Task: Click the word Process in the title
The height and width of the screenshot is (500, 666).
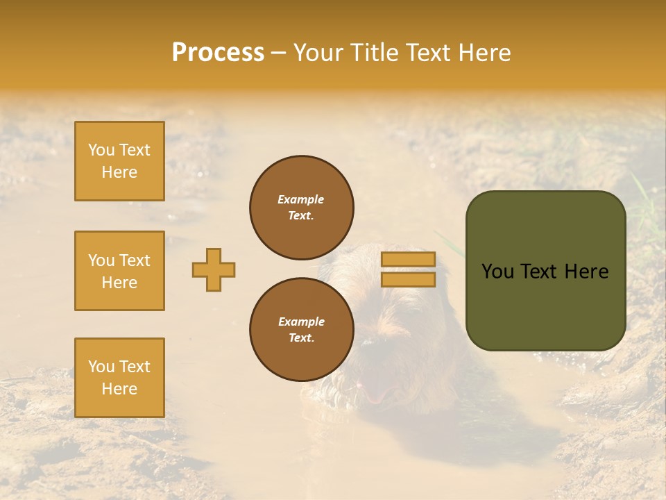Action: (x=218, y=53)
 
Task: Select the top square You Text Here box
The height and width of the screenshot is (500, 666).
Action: (x=119, y=161)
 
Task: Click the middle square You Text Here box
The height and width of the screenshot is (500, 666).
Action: (x=119, y=271)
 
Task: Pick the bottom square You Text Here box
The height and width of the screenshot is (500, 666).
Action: (x=119, y=378)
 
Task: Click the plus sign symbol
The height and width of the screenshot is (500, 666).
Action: (x=214, y=269)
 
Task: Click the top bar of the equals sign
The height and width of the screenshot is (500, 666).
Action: (x=408, y=259)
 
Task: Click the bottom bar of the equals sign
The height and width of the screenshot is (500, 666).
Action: (x=408, y=279)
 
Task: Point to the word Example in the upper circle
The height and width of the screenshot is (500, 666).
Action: (x=300, y=199)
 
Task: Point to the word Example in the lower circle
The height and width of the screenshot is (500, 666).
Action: (x=301, y=322)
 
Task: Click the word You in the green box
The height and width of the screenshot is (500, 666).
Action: (x=497, y=272)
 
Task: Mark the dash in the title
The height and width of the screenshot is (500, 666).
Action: (x=278, y=53)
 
